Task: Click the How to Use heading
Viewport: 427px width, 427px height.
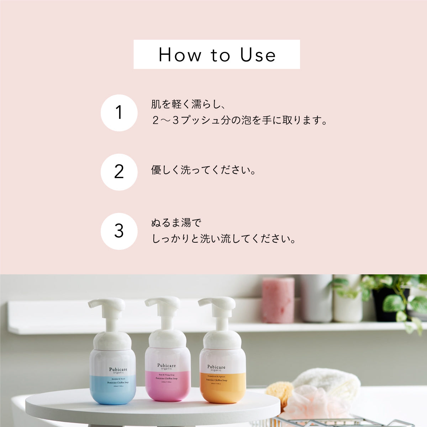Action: (217, 54)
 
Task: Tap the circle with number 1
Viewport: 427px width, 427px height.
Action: (119, 113)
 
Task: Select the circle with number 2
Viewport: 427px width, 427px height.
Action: (119, 172)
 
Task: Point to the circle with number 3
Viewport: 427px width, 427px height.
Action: (119, 231)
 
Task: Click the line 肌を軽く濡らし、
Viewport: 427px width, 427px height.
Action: (189, 105)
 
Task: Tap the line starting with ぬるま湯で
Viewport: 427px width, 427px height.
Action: (176, 223)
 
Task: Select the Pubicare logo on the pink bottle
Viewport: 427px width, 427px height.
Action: (167, 365)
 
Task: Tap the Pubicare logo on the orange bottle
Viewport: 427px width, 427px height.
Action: (216, 367)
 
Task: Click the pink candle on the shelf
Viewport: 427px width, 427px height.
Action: (278, 300)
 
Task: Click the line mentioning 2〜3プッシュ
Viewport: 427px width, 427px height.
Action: (239, 120)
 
